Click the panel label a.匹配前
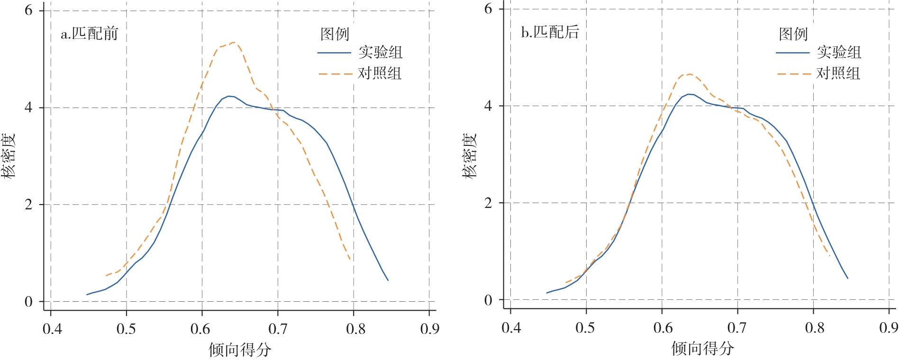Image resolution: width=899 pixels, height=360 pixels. pyautogui.click(x=89, y=34)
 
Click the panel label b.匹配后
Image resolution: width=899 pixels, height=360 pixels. pyautogui.click(x=550, y=32)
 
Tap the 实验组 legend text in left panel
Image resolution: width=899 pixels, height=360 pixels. pyautogui.click(x=380, y=52)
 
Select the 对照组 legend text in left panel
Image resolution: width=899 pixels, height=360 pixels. pyautogui.click(x=379, y=73)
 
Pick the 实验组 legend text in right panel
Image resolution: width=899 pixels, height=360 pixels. pyautogui.click(x=839, y=52)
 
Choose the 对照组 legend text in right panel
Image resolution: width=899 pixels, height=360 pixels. pyautogui.click(x=838, y=73)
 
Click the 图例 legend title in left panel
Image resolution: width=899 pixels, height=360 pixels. pyautogui.click(x=335, y=34)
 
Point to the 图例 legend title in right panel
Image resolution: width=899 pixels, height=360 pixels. pyautogui.click(x=793, y=34)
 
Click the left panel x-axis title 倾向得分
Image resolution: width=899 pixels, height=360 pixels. pyautogui.click(x=240, y=350)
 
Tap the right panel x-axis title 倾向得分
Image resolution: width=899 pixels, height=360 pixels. pyautogui.click(x=702, y=348)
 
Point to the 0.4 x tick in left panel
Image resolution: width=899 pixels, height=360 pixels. pyautogui.click(x=52, y=329)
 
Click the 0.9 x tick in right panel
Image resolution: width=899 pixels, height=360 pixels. pyautogui.click(x=888, y=327)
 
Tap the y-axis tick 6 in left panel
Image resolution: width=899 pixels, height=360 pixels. pyautogui.click(x=29, y=10)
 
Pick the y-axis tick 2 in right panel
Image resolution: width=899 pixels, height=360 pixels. pyautogui.click(x=488, y=203)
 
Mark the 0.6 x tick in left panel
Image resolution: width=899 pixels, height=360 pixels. pyautogui.click(x=200, y=329)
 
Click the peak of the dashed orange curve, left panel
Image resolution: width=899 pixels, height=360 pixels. pyautogui.click(x=234, y=43)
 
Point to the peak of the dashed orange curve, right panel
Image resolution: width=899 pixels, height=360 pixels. pyautogui.click(x=690, y=74)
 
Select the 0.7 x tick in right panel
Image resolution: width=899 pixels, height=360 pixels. pyautogui.click(x=737, y=327)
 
